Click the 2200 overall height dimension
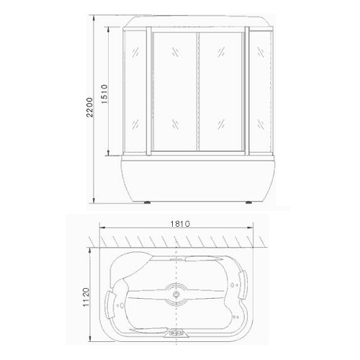tap(90, 107)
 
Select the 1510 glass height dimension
tap(104, 94)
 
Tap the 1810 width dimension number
tap(180, 224)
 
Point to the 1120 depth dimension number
tap(86, 297)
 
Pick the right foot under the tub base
tap(248, 202)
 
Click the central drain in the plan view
tap(176, 294)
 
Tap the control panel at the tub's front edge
tap(176, 333)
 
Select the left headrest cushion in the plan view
tap(110, 304)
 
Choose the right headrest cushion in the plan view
tap(243, 284)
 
